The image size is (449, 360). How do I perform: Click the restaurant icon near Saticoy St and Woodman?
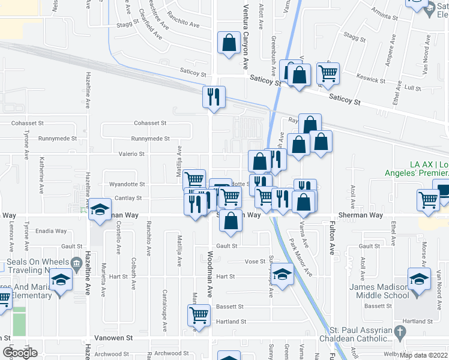click(214, 97)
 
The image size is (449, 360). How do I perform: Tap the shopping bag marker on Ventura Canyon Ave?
click(229, 43)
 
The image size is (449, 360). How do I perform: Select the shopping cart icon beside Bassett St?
click(198, 314)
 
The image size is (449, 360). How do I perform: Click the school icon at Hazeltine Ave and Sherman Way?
click(100, 210)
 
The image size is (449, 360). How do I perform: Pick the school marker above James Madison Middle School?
click(419, 279)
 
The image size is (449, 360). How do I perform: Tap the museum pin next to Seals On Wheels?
click(76, 264)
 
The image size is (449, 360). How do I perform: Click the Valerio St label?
click(133, 154)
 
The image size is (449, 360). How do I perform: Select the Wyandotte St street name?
click(127, 184)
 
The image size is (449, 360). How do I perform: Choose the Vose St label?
click(255, 262)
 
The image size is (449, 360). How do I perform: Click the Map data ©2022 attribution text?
click(423, 355)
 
